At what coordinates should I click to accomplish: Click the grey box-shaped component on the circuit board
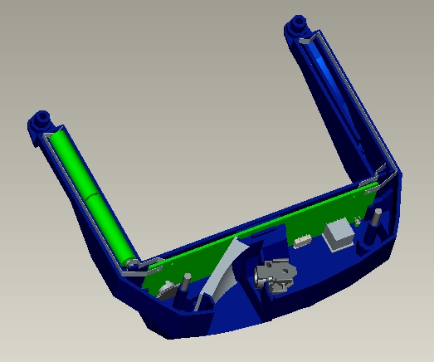coord(339,233)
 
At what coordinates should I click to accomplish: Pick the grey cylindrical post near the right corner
coord(374,224)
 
